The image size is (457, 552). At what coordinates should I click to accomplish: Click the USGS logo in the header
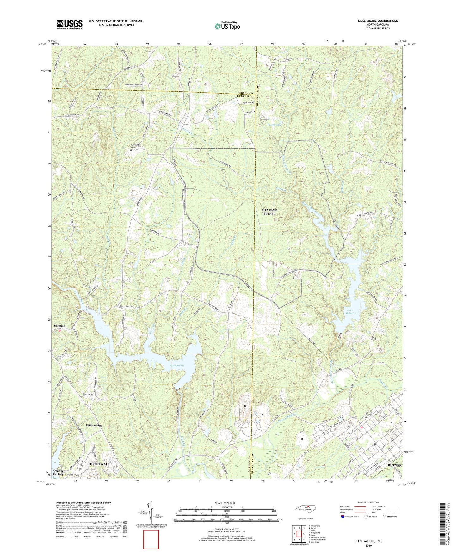[69, 24]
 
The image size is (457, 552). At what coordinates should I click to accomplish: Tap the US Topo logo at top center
[227, 26]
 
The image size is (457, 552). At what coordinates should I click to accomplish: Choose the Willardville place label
[94, 426]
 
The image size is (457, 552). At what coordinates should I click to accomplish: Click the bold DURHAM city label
[97, 464]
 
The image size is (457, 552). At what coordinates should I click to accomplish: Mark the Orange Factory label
[58, 472]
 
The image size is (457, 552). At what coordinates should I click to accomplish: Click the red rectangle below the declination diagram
[151, 539]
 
